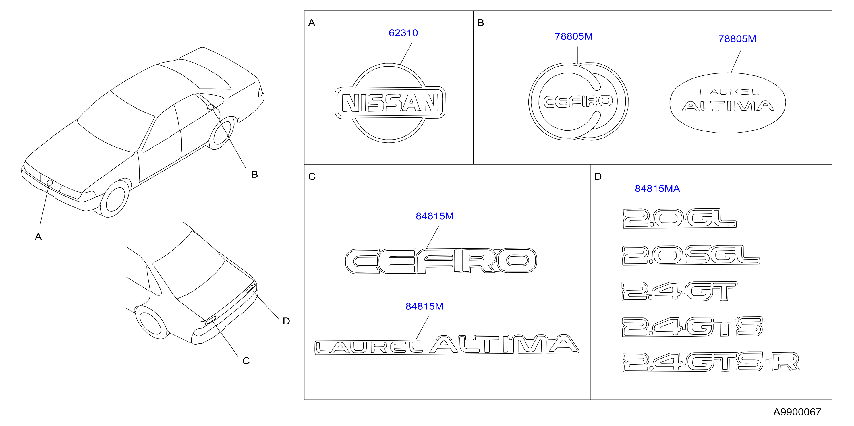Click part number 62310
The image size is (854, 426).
[403, 33]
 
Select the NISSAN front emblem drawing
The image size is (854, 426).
[390, 103]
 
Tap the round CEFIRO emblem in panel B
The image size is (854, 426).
[578, 101]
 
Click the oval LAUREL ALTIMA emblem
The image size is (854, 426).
[728, 103]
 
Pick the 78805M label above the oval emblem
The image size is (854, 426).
[737, 39]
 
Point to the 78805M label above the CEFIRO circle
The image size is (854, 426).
[573, 36]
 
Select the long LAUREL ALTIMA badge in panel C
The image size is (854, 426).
[447, 345]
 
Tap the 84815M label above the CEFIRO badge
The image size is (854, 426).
[435, 216]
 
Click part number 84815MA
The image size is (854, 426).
[657, 189]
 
